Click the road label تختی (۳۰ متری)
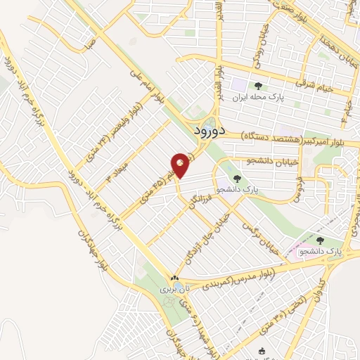279,316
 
